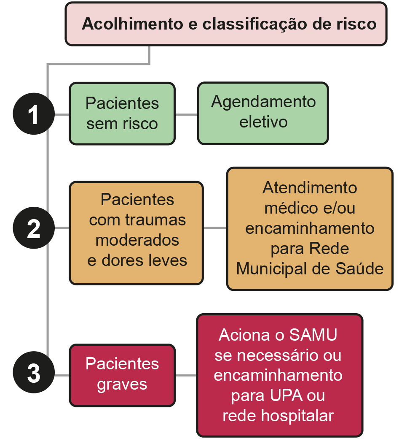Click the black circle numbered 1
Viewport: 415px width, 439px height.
[33, 114]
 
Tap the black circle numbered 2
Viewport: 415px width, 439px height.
[33, 228]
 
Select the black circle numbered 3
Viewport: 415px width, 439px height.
[33, 374]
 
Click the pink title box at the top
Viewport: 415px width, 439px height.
[226, 24]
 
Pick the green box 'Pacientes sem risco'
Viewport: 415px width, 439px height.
[122, 114]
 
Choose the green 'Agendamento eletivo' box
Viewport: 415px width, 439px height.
[263, 113]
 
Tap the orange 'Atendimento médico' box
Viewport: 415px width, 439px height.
[310, 229]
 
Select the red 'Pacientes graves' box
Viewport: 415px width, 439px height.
[122, 375]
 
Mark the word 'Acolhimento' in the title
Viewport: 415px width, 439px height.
[132, 24]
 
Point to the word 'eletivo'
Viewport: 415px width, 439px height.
[263, 122]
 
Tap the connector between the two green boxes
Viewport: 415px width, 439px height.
[186, 114]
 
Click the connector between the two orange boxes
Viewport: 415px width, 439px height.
[215, 228]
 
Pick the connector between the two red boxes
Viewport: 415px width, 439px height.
[186, 375]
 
